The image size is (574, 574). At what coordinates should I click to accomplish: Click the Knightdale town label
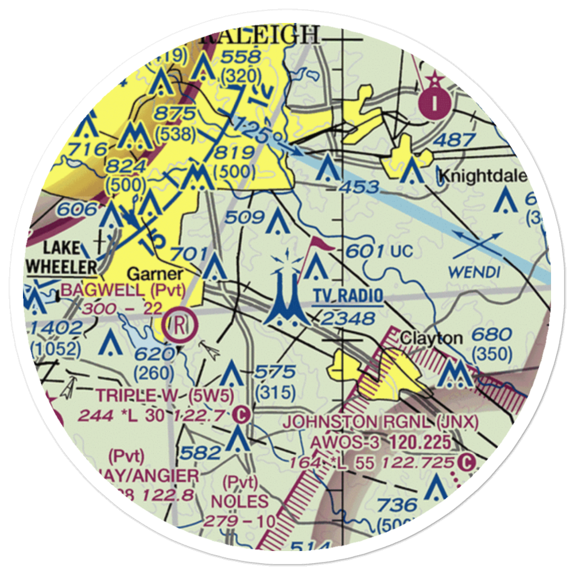pyautogui.click(x=483, y=176)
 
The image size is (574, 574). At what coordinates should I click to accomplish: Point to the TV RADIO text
pyautogui.click(x=348, y=296)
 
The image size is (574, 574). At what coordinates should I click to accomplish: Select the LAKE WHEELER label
pyautogui.click(x=62, y=258)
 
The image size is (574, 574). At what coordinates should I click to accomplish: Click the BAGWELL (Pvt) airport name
pyautogui.click(x=123, y=290)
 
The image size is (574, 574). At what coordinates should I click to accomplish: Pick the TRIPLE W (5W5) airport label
pyautogui.click(x=165, y=395)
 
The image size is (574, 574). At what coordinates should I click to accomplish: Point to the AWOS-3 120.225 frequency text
pyautogui.click(x=381, y=442)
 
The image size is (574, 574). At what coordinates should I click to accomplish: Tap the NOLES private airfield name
pyautogui.click(x=239, y=501)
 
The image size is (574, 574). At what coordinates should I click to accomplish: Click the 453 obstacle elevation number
pyautogui.click(x=358, y=187)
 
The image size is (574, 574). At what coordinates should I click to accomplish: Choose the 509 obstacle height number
pyautogui.click(x=245, y=217)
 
